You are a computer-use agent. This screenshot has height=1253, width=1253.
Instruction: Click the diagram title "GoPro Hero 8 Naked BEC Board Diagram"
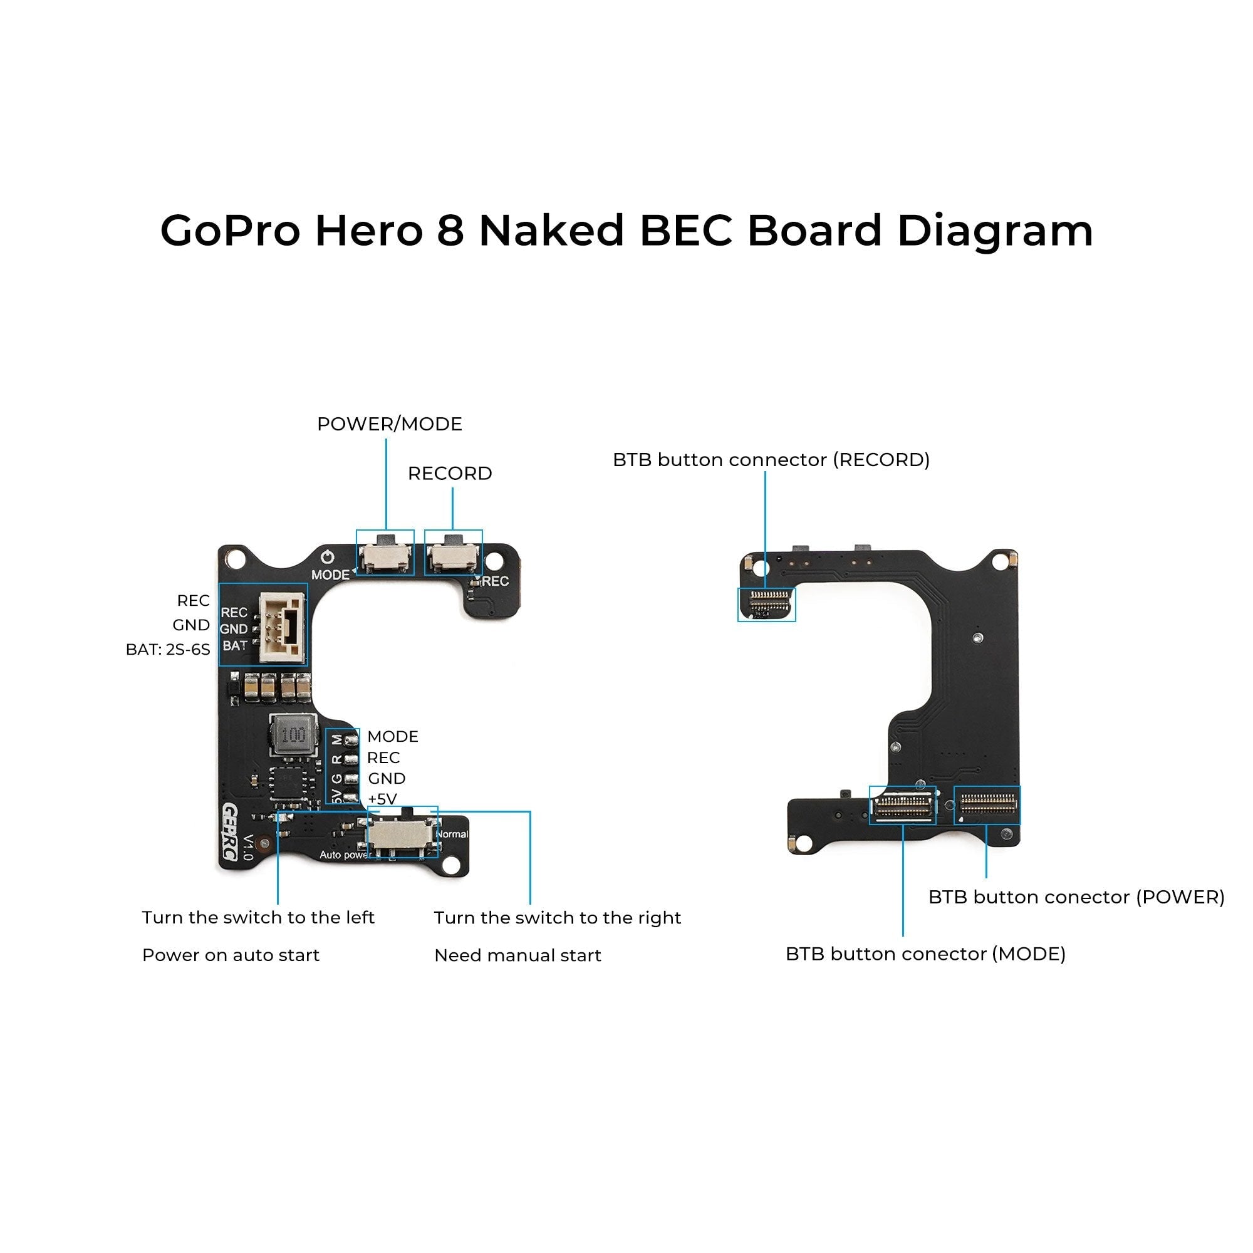[x=626, y=231]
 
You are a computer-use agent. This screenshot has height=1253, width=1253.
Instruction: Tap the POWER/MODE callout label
[x=389, y=424]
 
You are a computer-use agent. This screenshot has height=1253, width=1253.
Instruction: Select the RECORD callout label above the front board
[x=449, y=474]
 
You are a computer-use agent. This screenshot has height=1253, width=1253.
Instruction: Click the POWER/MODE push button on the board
[x=385, y=555]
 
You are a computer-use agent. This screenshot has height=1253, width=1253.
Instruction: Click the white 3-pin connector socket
[x=282, y=628]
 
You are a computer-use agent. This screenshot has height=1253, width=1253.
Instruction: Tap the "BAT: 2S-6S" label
[x=168, y=650]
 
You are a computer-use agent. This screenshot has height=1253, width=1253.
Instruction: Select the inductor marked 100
[x=294, y=736]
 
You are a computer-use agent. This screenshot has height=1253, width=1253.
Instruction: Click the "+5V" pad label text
[x=382, y=799]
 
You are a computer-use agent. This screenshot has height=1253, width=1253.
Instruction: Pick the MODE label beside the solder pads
[x=392, y=737]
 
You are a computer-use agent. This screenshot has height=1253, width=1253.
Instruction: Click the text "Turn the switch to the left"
[x=258, y=918]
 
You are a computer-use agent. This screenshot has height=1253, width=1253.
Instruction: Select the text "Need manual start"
[x=517, y=955]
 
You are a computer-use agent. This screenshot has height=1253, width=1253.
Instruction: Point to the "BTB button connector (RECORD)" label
[x=771, y=460]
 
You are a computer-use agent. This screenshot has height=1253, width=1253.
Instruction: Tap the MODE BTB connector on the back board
[x=902, y=806]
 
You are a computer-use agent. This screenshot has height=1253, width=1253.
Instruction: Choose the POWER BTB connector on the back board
[x=987, y=805]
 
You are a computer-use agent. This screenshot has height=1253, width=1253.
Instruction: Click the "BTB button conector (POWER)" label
[x=1076, y=897]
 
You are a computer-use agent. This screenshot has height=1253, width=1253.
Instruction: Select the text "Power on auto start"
[x=231, y=955]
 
